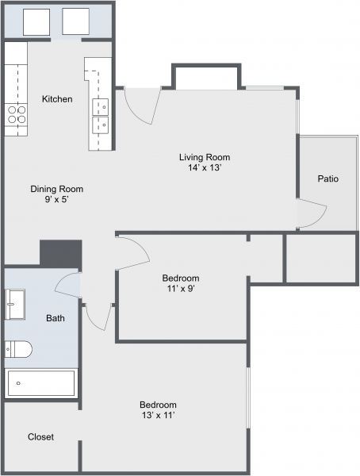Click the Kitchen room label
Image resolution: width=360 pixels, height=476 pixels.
click(x=57, y=99)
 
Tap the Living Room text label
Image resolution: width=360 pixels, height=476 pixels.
click(x=204, y=157)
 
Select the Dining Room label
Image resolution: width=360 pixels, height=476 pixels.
click(x=56, y=189)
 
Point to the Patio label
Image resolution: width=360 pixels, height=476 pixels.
click(x=328, y=178)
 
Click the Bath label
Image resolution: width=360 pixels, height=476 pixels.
click(x=56, y=318)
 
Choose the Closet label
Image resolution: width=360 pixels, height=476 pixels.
click(x=40, y=437)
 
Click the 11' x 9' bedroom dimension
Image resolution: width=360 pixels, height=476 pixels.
click(x=180, y=289)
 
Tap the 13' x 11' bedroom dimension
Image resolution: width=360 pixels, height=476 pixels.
click(x=158, y=415)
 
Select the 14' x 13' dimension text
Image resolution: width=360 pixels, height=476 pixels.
click(x=204, y=168)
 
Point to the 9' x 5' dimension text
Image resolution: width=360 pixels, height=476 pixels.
click(x=56, y=200)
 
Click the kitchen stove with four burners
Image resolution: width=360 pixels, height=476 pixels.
click(x=17, y=114)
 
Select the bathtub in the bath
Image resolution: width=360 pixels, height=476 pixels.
click(x=41, y=383)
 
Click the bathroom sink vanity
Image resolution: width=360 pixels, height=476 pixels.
click(x=15, y=302)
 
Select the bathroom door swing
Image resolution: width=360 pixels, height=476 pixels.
click(x=68, y=284)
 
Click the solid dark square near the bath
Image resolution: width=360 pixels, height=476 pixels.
click(x=61, y=254)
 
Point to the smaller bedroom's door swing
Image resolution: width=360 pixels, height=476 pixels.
click(x=133, y=251)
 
